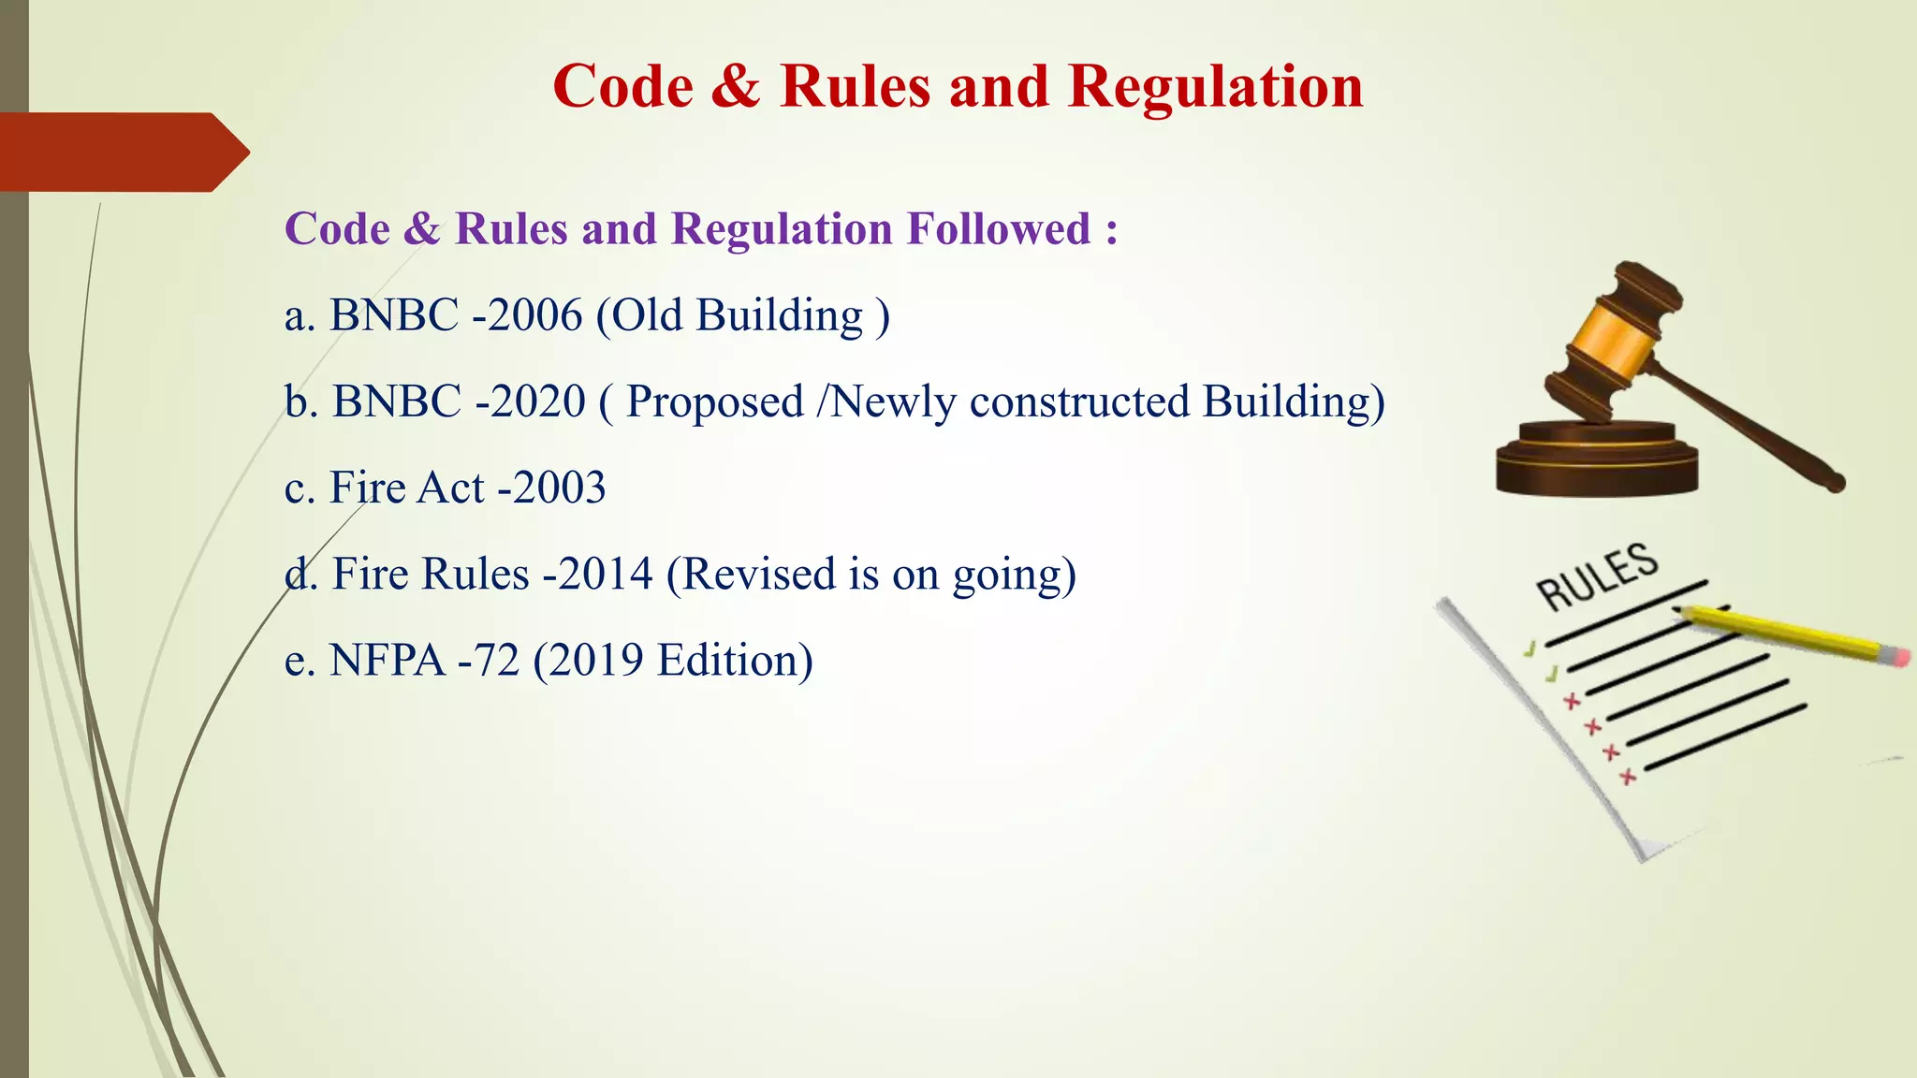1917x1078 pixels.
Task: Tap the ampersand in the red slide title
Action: tap(736, 87)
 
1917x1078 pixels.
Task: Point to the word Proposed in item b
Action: tap(715, 402)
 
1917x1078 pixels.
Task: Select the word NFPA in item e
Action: tap(388, 661)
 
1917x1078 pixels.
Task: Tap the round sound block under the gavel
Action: tap(1597, 459)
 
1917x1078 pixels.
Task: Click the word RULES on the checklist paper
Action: tap(1597, 575)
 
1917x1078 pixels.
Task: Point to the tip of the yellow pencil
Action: tap(1678, 611)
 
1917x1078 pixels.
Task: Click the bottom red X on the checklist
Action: tap(1629, 777)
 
